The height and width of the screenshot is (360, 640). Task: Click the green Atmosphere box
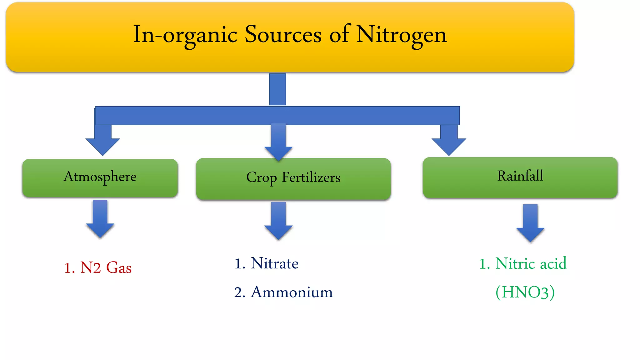pos(100,178)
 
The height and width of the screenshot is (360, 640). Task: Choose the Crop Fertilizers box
pos(293,179)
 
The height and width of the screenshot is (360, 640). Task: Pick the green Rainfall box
pos(520,177)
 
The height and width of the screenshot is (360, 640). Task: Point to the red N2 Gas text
pos(98,268)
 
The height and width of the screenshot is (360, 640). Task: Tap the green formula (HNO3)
pos(525,292)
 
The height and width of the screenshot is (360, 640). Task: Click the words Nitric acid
pos(531,263)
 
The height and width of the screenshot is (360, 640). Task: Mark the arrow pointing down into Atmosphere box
pos(103,141)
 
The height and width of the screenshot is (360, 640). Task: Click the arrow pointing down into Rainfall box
pos(449,141)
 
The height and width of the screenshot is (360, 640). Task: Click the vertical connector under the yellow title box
pos(277,89)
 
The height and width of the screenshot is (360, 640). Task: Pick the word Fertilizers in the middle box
pos(311,177)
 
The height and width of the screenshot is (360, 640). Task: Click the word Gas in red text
pos(119,268)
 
